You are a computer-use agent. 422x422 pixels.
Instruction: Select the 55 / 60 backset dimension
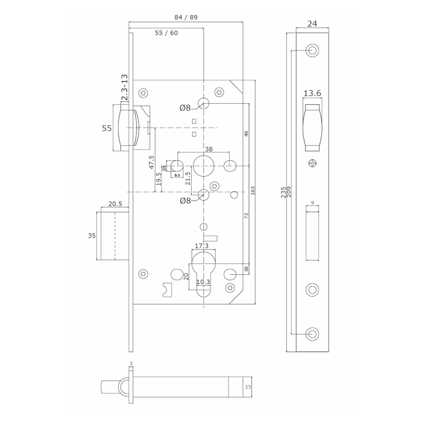pyautogui.click(x=166, y=33)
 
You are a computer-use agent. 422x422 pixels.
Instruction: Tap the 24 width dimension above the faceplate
pyautogui.click(x=312, y=25)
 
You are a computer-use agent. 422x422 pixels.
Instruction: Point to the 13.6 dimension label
pyautogui.click(x=312, y=93)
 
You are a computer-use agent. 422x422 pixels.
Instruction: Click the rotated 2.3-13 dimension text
pyautogui.click(x=124, y=88)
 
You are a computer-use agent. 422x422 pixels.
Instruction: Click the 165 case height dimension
pyautogui.click(x=254, y=191)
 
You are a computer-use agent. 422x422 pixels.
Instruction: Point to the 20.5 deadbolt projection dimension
pyautogui.click(x=113, y=204)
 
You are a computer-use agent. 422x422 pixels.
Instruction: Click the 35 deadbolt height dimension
pyautogui.click(x=92, y=236)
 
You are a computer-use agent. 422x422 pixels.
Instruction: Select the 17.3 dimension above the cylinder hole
pyautogui.click(x=202, y=246)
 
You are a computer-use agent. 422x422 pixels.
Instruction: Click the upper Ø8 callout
pyautogui.click(x=184, y=108)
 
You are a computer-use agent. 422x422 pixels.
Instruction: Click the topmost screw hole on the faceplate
pyautogui.click(x=312, y=50)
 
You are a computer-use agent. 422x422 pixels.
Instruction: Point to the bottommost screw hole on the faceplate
pyautogui.click(x=312, y=333)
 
